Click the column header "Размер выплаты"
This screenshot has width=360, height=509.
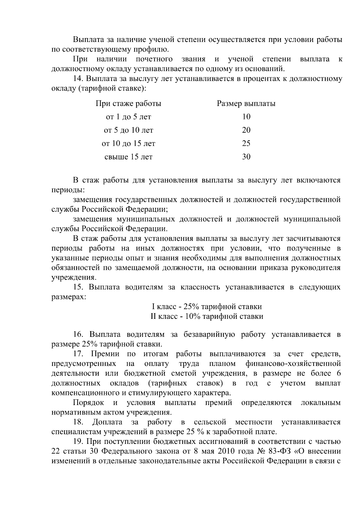[246, 104]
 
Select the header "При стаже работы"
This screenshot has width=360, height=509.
[128, 104]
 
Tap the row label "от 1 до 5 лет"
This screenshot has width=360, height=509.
[128, 117]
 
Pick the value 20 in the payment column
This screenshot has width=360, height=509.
[246, 130]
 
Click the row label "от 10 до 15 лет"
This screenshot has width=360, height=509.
[128, 144]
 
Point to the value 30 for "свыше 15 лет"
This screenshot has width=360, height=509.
[246, 157]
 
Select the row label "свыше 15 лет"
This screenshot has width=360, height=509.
[128, 157]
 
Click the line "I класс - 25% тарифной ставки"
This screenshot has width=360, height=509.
[207, 307]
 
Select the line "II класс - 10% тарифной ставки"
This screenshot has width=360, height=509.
[207, 316]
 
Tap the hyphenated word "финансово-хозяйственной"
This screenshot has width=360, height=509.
[293, 364]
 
